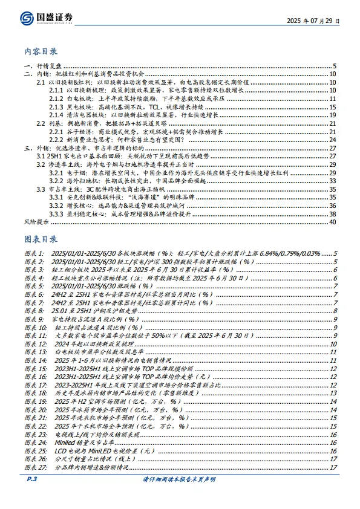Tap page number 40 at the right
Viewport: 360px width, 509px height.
pyautogui.click(x=332, y=222)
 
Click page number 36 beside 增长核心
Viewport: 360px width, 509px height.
pyautogui.click(x=332, y=206)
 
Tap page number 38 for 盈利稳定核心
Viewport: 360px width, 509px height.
pyautogui.click(x=332, y=214)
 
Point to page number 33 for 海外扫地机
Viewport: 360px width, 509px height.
pyautogui.click(x=332, y=181)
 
